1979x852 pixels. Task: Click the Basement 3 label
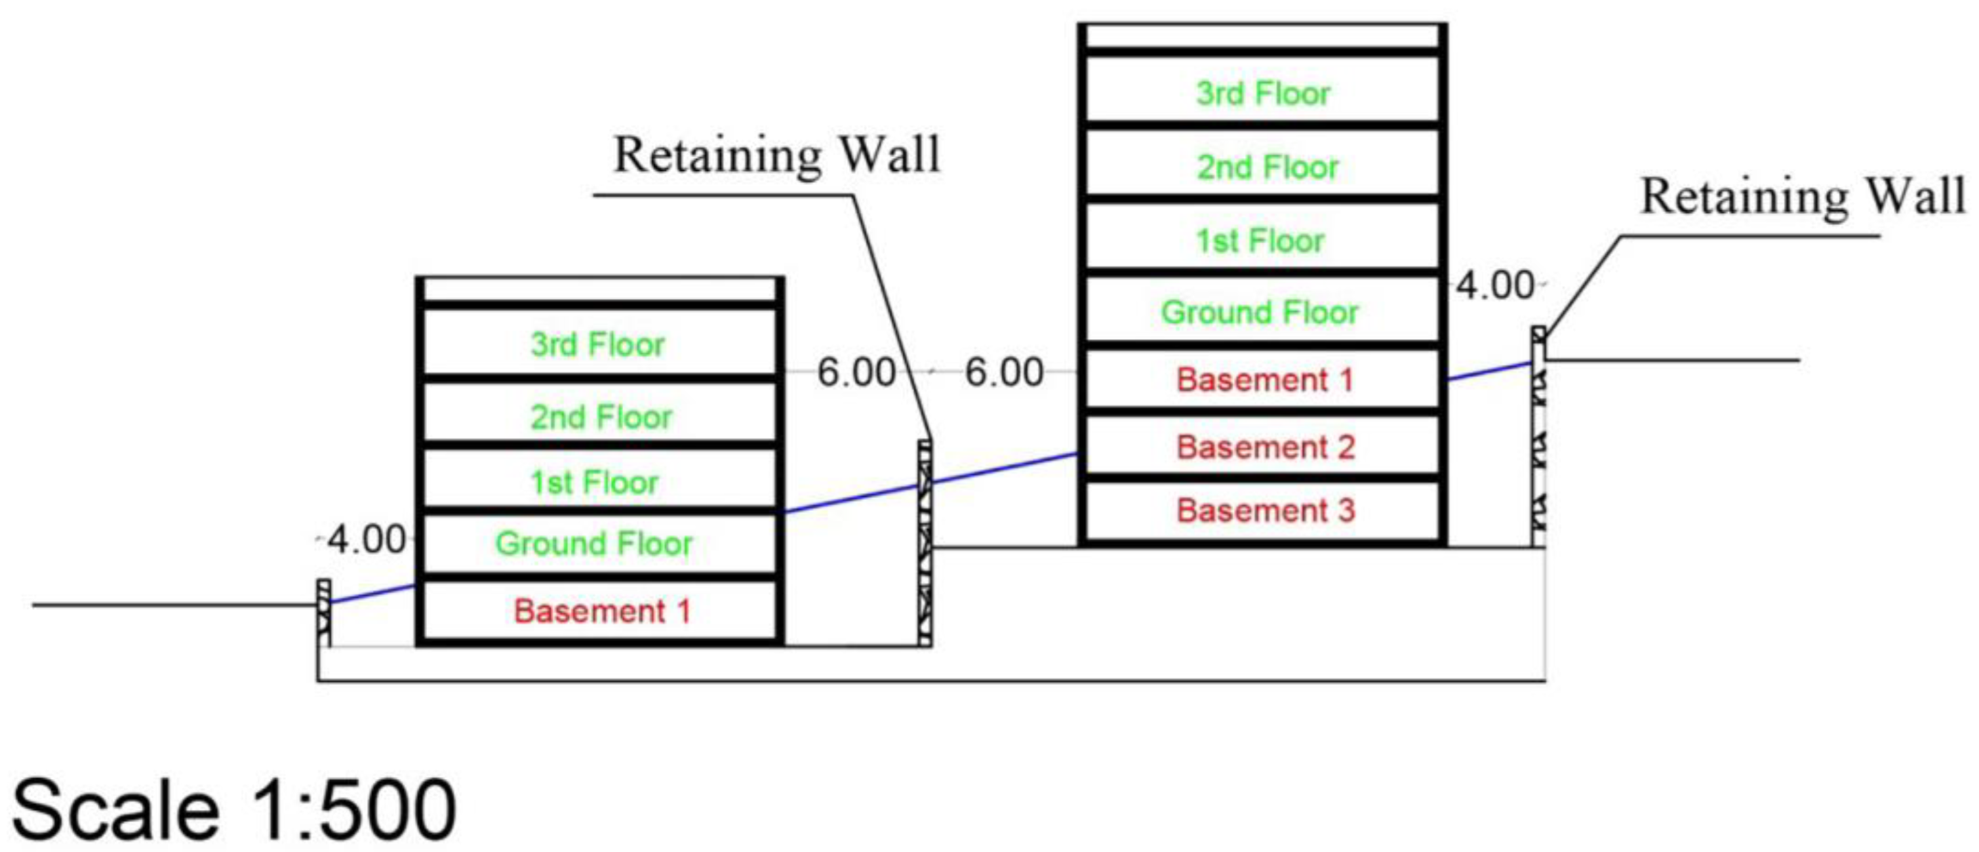click(1265, 511)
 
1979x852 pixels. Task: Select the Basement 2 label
click(1265, 447)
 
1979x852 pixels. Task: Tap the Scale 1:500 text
click(235, 809)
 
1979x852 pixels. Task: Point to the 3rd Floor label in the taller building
click(1263, 94)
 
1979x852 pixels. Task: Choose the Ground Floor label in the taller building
click(1259, 312)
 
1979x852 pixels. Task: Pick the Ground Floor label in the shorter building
click(594, 544)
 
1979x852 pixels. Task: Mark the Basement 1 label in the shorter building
click(601, 611)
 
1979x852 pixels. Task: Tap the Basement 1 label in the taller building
click(1264, 380)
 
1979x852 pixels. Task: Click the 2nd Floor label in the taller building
click(1268, 167)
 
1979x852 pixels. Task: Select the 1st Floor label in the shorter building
click(594, 483)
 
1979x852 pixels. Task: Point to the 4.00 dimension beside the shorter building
click(367, 540)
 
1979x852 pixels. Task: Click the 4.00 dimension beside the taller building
click(1495, 286)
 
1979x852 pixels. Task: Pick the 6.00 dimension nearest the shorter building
click(856, 373)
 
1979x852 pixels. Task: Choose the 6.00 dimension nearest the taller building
click(1003, 373)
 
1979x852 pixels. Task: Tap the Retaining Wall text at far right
click(1802, 197)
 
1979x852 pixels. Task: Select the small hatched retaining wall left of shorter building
click(323, 612)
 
